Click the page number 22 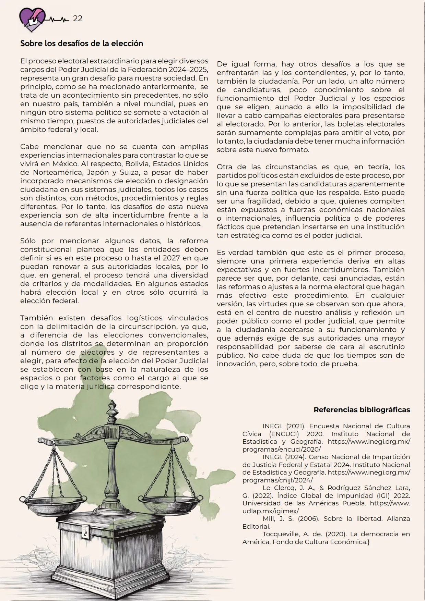[x=78, y=19]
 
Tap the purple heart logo [x=32, y=20]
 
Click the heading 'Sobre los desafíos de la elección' [x=82, y=44]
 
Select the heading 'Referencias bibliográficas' [x=362, y=410]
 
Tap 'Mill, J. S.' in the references [x=278, y=519]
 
